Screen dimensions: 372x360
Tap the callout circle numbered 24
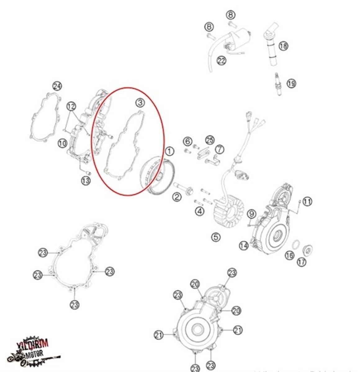click(x=57, y=86)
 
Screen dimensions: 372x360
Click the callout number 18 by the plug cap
click(x=283, y=46)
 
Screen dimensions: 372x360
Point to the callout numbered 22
click(x=221, y=60)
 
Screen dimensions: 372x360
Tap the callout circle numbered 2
click(x=177, y=197)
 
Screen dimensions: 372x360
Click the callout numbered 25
click(x=210, y=140)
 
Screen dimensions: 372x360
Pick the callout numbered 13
click(x=86, y=180)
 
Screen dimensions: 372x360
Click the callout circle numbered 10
click(x=62, y=143)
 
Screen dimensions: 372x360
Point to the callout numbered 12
click(x=71, y=107)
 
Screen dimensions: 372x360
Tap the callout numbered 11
click(x=307, y=202)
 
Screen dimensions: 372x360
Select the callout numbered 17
click(x=302, y=261)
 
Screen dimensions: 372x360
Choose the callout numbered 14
click(x=244, y=246)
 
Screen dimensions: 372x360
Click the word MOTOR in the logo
click(x=35, y=353)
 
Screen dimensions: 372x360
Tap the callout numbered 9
click(x=251, y=214)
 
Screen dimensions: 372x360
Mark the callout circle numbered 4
click(x=200, y=211)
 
